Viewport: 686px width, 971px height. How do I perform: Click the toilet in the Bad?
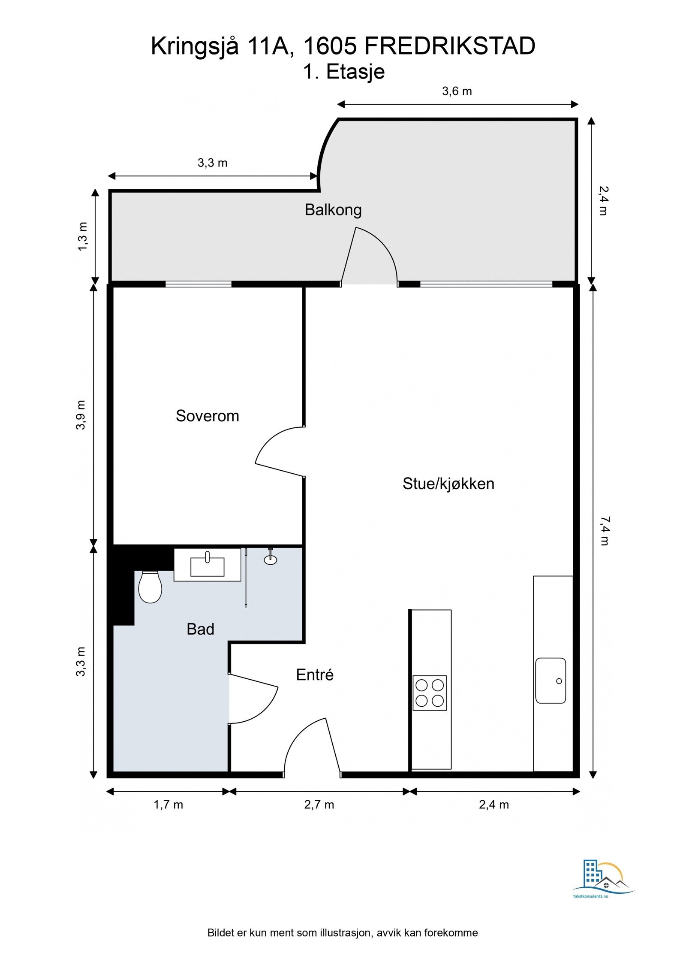pos(150,587)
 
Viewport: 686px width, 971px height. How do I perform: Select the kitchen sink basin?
pos(550,680)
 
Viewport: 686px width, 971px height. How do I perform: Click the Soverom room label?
pos(207,416)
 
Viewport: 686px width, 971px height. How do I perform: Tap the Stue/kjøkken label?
pos(448,484)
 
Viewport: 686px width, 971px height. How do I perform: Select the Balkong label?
pos(333,210)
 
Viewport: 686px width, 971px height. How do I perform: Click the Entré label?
pos(315,675)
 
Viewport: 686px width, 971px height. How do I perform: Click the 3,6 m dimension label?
pos(457,91)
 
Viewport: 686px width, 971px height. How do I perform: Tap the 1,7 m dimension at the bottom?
pos(168,805)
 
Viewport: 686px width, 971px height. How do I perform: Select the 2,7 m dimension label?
pos(319,805)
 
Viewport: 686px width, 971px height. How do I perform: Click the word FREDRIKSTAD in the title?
pos(450,46)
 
